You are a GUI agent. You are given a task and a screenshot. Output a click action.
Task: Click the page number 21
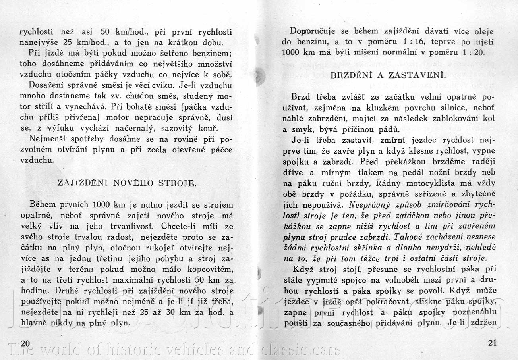(492, 343)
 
